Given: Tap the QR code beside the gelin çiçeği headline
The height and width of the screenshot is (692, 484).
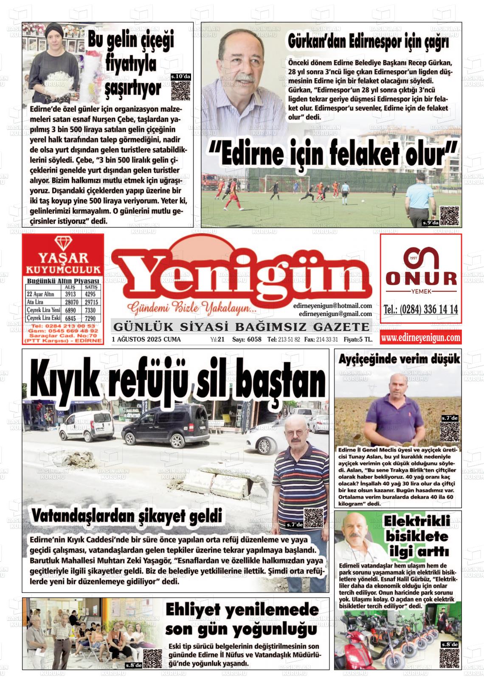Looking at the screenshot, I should tap(180, 90).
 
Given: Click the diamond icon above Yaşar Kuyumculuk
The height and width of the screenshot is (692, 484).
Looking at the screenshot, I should tap(63, 244).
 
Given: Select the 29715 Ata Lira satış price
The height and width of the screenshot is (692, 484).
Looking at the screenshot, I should tap(91, 302).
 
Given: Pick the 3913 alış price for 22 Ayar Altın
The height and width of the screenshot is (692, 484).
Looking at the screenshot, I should tap(70, 294).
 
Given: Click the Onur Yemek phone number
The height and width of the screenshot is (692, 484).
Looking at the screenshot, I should tap(420, 309).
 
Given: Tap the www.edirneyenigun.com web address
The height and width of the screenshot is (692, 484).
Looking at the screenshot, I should tap(420, 338).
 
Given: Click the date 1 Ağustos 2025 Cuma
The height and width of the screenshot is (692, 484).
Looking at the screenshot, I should tap(146, 339).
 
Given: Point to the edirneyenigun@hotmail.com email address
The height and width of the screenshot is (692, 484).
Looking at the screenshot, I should tap(332, 306).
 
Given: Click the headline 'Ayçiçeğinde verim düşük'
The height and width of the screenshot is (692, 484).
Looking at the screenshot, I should tap(399, 359).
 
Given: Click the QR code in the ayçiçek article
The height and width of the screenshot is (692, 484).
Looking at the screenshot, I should tap(450, 433).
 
